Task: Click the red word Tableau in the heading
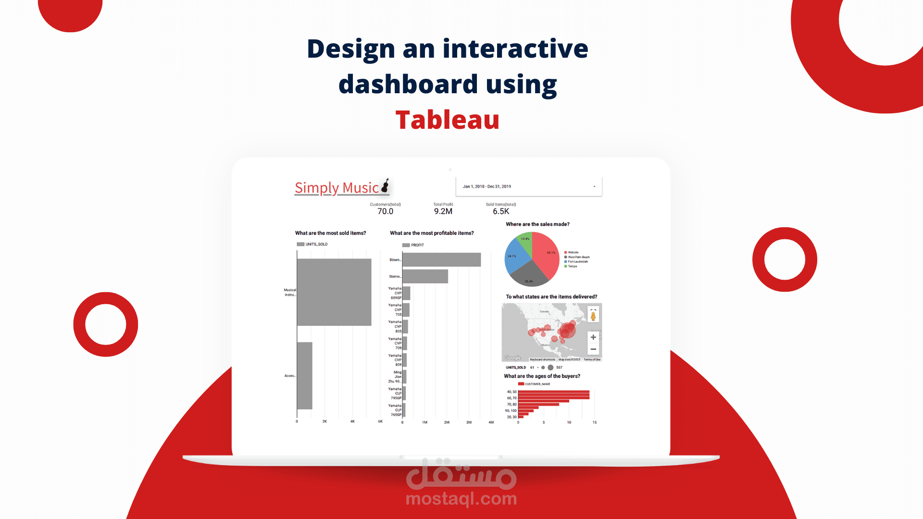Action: (x=447, y=120)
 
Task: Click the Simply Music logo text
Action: (x=337, y=188)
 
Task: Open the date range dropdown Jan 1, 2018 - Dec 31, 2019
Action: (x=528, y=186)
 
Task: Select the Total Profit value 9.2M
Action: (x=443, y=211)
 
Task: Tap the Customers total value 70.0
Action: (x=385, y=211)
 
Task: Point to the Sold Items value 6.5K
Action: (x=500, y=211)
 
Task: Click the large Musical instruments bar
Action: (x=334, y=292)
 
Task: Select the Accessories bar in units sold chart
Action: (x=304, y=375)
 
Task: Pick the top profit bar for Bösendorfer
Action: (x=441, y=259)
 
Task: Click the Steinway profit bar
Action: (x=425, y=276)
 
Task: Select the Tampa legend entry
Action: (x=572, y=266)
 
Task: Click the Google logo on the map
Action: (x=512, y=358)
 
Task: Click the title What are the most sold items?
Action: (x=330, y=233)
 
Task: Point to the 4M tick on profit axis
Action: (x=491, y=422)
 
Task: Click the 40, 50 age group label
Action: (x=511, y=392)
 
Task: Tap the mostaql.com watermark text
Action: (x=461, y=499)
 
